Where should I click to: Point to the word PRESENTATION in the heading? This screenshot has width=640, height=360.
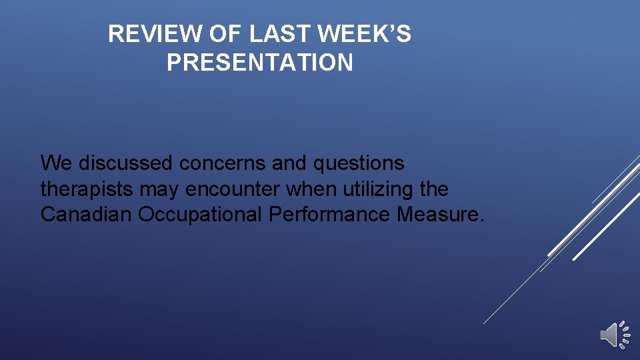(260, 63)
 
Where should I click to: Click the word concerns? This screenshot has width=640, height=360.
(215, 163)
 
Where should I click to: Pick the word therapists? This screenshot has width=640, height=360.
(87, 189)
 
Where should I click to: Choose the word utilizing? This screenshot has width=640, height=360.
(377, 190)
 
